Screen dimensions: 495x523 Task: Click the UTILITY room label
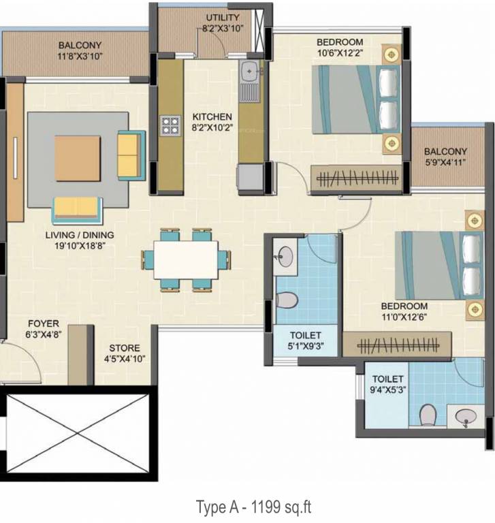pyautogui.click(x=223, y=17)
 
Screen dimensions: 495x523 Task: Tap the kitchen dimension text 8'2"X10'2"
pyautogui.click(x=212, y=128)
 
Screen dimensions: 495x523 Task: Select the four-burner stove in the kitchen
pyautogui.click(x=170, y=126)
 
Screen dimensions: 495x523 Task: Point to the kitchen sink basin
pyautogui.click(x=249, y=71)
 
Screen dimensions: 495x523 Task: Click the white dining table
pyautogui.click(x=186, y=260)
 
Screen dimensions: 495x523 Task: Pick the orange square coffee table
pyautogui.click(x=78, y=159)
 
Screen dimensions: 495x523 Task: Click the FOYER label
pyautogui.click(x=44, y=323)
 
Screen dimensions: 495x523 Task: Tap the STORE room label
pyautogui.click(x=125, y=348)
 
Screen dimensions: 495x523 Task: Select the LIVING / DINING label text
pyautogui.click(x=80, y=235)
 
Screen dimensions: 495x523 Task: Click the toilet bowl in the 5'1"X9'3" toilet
pyautogui.click(x=287, y=300)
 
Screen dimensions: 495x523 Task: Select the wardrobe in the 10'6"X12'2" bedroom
pyautogui.click(x=356, y=179)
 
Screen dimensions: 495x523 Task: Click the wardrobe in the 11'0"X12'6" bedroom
pyautogui.click(x=397, y=345)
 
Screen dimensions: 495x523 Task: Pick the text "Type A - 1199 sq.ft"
pyautogui.click(x=253, y=507)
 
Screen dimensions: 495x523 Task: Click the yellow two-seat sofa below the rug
pyautogui.click(x=78, y=210)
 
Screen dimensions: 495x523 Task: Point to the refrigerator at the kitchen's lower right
pyautogui.click(x=250, y=178)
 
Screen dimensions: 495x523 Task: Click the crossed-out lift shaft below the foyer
pyautogui.click(x=78, y=433)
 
